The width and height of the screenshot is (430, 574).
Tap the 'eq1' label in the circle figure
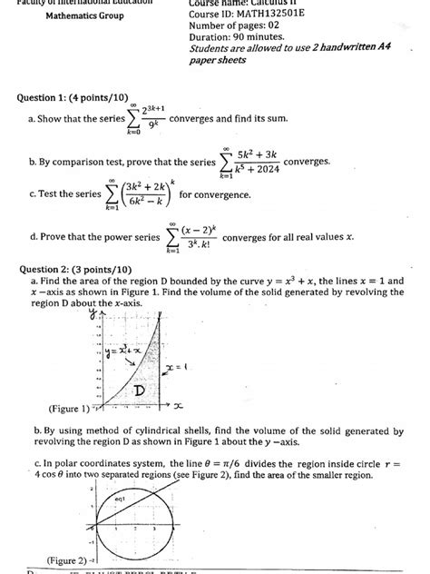pos(120,499)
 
